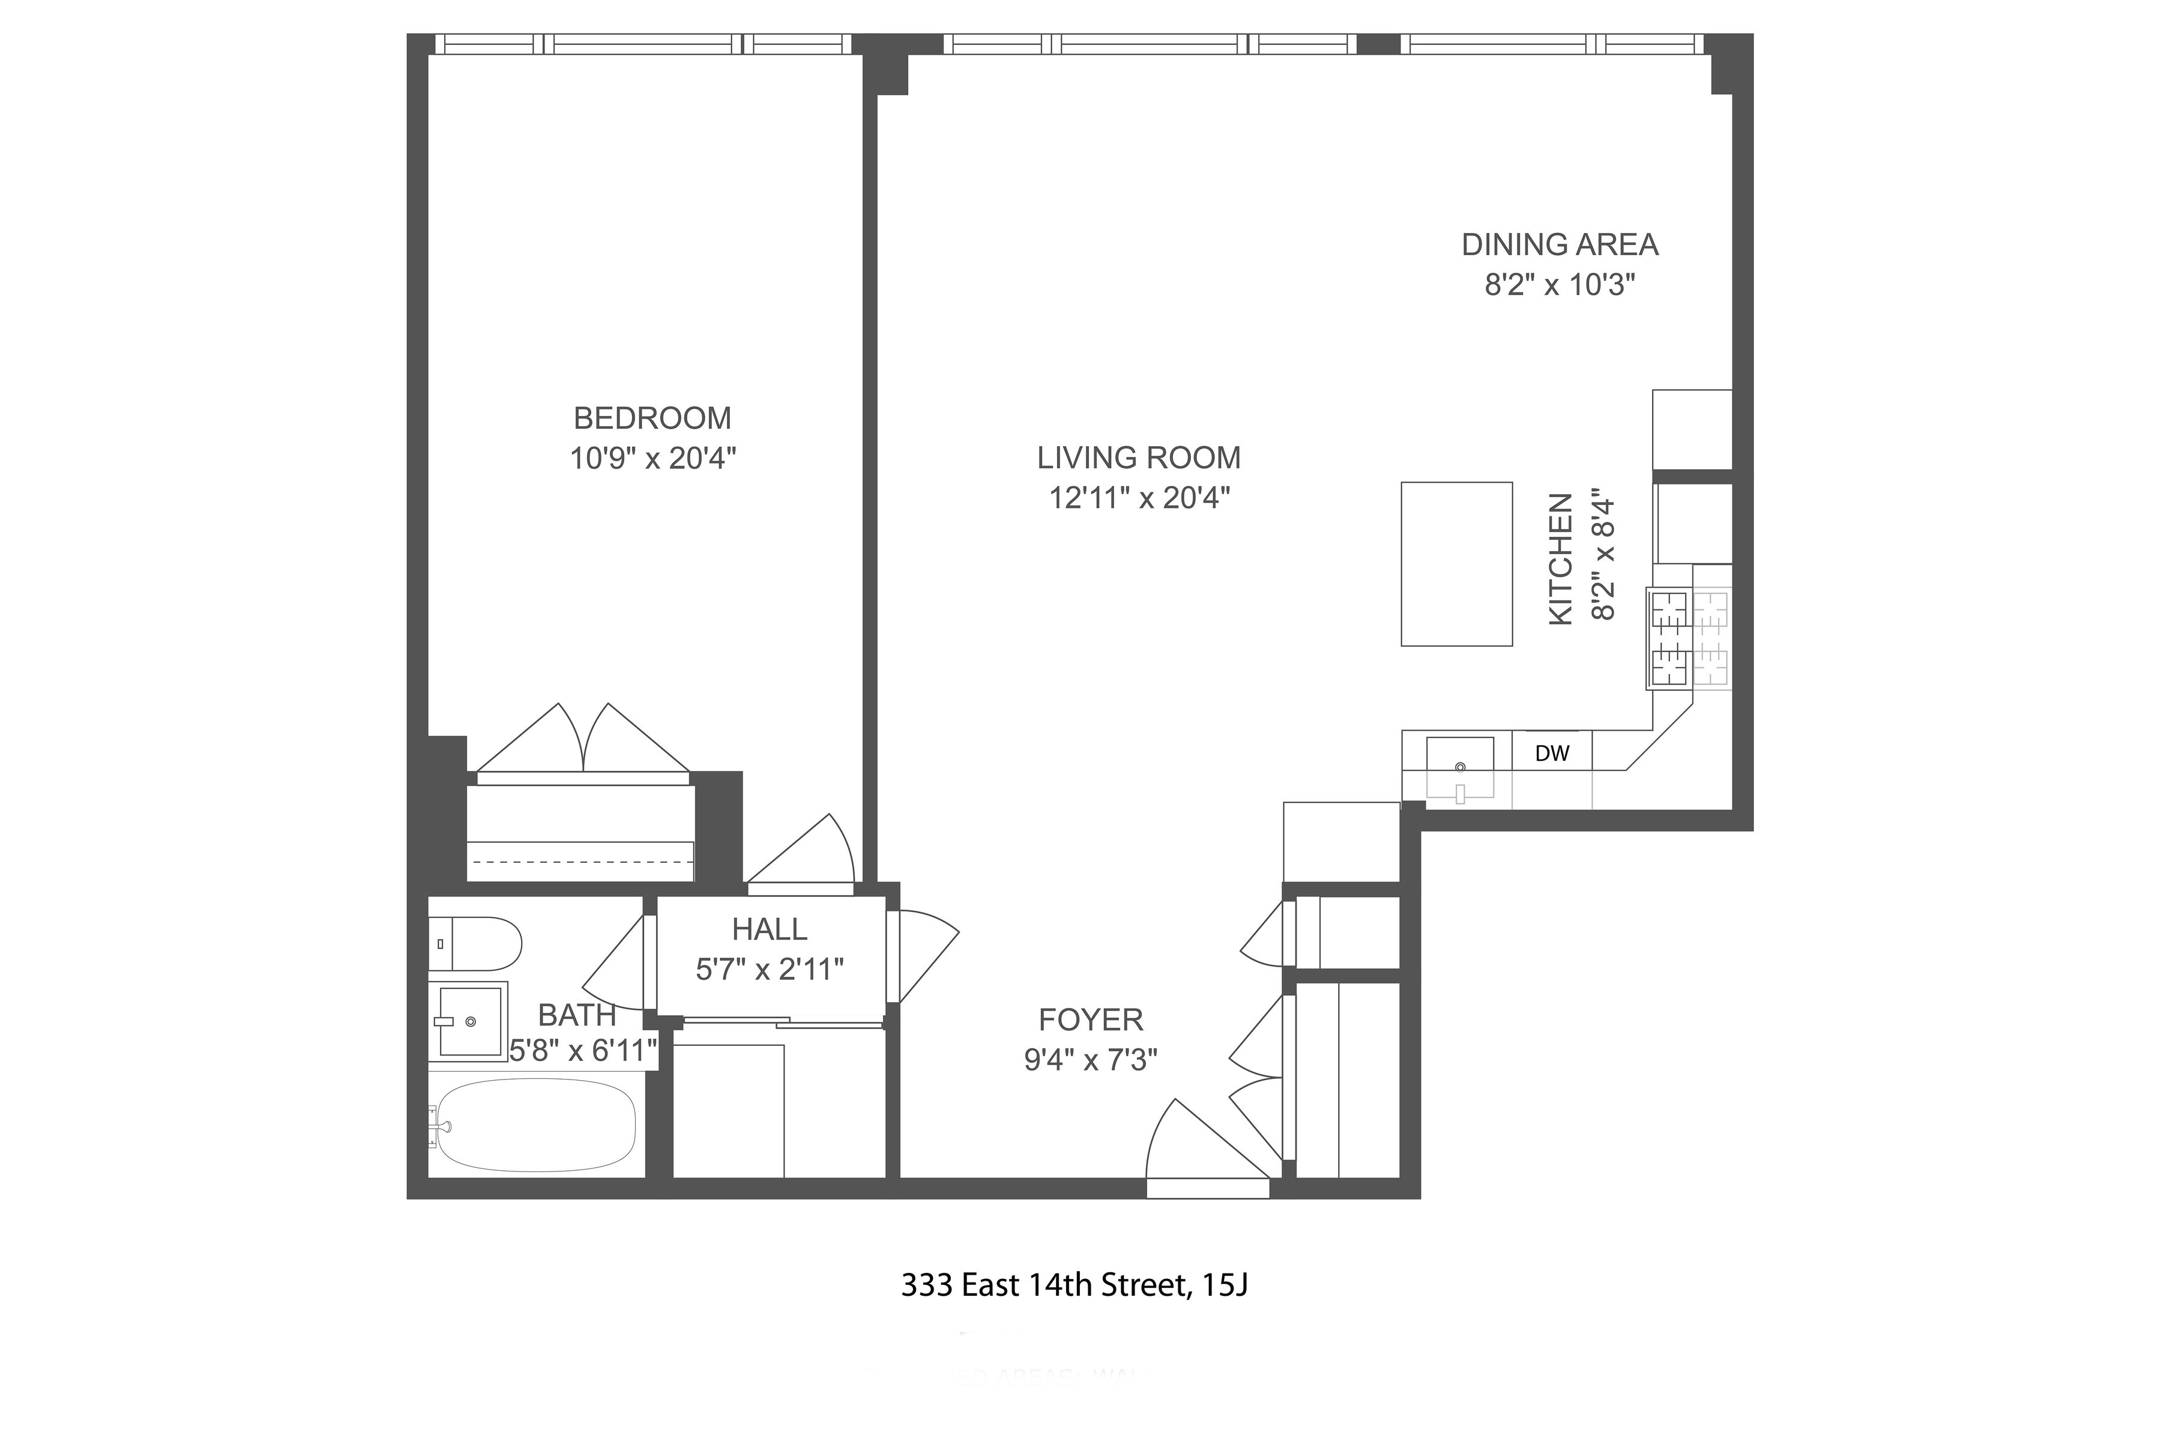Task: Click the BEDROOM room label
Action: coord(653,418)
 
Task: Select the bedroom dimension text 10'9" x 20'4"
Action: coord(653,458)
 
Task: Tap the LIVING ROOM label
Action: coord(1138,458)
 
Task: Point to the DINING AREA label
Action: coord(1559,244)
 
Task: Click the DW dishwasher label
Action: coord(1552,754)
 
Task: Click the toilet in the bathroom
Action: coord(475,944)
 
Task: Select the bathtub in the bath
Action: coord(535,1126)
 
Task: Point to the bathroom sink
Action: coord(471,1021)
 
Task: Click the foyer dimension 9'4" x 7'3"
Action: coord(1091,1060)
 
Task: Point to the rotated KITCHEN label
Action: coord(1561,560)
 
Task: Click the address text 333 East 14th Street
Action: coord(1073,1285)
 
